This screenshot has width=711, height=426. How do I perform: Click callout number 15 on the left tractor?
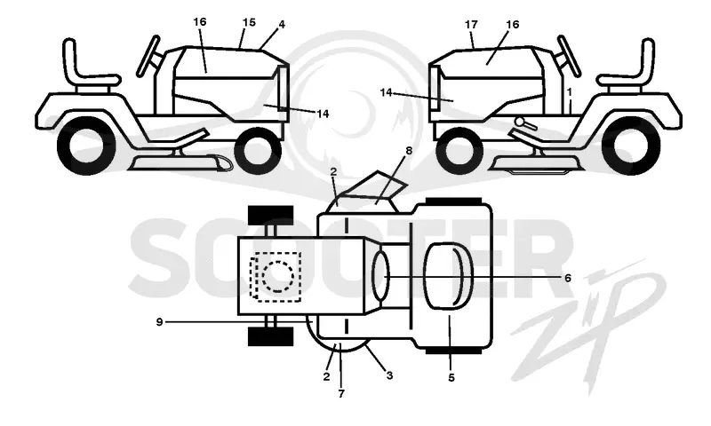249,22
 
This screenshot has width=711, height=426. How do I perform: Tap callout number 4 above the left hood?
282,25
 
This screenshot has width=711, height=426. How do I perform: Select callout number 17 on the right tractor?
472,25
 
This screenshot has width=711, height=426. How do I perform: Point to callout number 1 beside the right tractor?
570,92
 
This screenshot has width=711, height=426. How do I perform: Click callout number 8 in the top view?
409,151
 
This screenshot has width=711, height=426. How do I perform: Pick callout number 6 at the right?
568,278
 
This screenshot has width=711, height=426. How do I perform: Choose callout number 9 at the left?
159,322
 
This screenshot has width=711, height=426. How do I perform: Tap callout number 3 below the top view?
389,375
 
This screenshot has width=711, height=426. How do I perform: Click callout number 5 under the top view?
451,377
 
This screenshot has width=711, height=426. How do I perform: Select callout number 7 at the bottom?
341,394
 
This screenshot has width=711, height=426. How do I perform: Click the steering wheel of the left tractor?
148,56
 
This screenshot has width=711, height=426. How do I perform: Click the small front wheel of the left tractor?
256,151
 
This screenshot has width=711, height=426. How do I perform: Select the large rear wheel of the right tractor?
631,146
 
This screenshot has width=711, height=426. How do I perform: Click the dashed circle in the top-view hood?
278,277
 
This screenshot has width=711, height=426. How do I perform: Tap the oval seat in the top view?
448,277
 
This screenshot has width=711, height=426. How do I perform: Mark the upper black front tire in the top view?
271,216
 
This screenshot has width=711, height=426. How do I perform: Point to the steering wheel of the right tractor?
569,56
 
